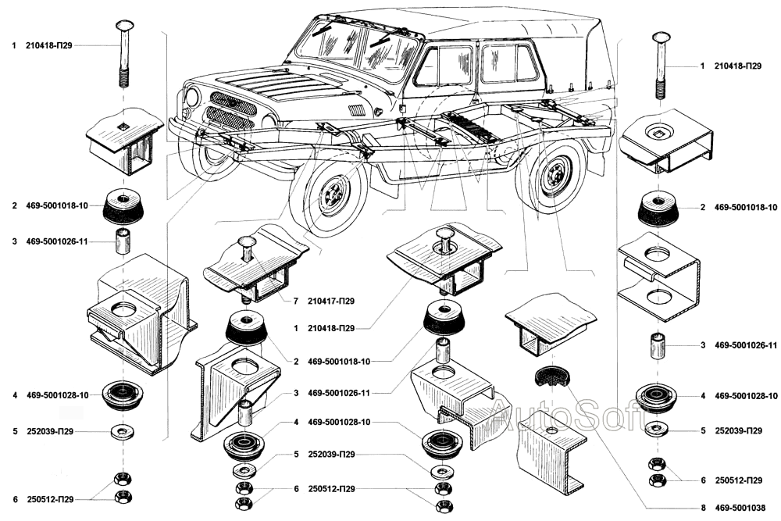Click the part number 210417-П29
click(333, 301)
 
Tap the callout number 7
click(296, 301)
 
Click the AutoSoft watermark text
click(558, 415)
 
